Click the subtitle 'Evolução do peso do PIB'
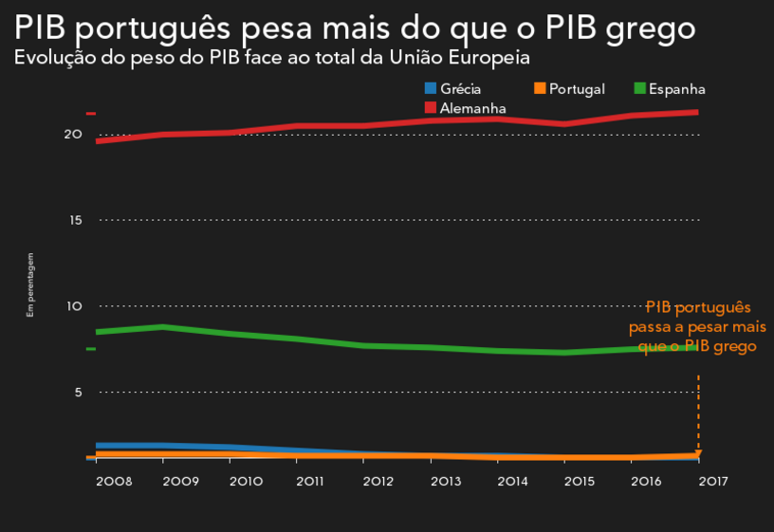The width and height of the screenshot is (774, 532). [271, 58]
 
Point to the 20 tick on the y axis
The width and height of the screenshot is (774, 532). [73, 135]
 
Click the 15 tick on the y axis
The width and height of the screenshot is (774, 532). [75, 220]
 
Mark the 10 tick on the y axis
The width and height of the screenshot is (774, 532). [73, 306]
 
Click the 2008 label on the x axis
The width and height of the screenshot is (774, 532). [114, 482]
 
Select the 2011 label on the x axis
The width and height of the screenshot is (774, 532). [310, 482]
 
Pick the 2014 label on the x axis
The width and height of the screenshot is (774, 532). [512, 482]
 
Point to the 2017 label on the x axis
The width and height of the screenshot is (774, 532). [712, 482]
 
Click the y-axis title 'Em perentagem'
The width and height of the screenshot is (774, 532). [30, 284]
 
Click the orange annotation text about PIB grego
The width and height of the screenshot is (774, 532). [697, 327]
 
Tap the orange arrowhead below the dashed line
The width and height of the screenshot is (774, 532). [698, 452]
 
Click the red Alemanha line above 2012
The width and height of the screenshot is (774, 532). [364, 125]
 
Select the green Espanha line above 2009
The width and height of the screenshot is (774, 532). [163, 327]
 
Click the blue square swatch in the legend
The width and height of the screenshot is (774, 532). [431, 88]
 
